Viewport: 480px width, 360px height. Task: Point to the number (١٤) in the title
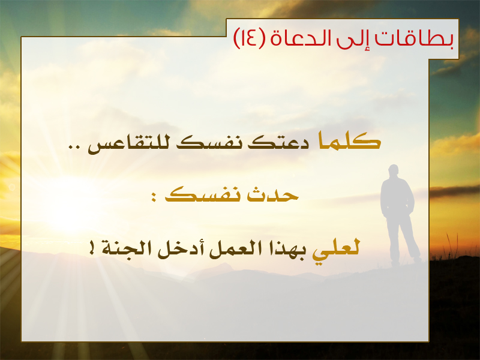pos(249,38)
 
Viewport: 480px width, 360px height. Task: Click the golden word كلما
pos(350,141)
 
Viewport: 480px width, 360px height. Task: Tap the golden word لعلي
pos(336,249)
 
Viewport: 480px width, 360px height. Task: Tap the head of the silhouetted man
pos(394,170)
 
